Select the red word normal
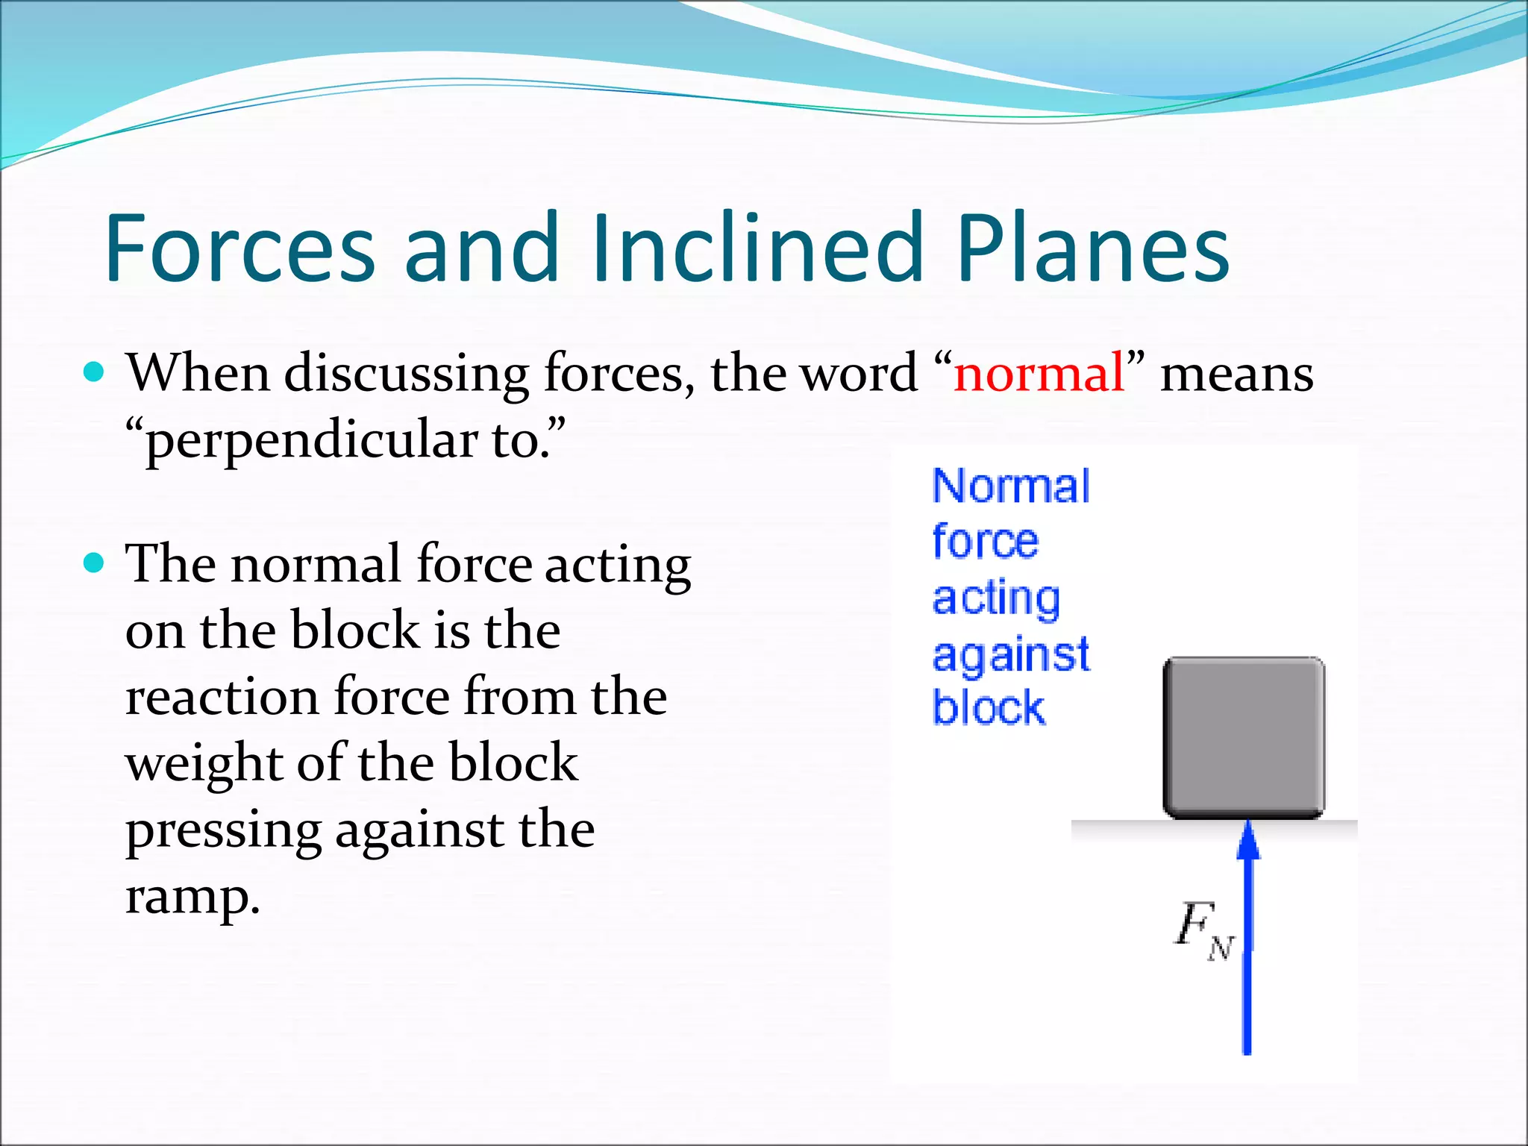click(x=1039, y=372)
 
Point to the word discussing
click(x=407, y=373)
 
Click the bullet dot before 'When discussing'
click(x=94, y=371)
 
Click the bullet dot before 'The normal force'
click(x=94, y=562)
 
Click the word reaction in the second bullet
click(x=222, y=697)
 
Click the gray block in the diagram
click(x=1244, y=737)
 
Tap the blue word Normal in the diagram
click(x=1011, y=486)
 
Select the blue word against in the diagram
click(x=1010, y=656)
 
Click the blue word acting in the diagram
click(x=996, y=598)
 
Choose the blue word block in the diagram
click(x=989, y=707)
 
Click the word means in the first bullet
click(x=1236, y=373)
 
